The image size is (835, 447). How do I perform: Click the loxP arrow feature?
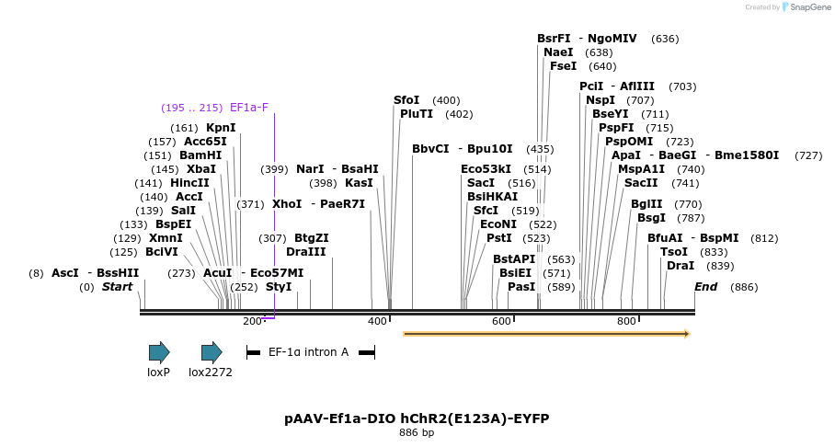tap(159, 351)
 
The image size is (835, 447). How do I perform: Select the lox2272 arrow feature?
tap(212, 351)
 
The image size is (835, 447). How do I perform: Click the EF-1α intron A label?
tap(308, 351)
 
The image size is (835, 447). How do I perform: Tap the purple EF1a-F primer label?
tap(248, 108)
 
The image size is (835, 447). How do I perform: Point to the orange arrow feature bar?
tap(546, 334)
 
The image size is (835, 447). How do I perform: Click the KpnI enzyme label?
tap(221, 128)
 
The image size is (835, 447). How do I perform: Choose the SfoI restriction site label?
tap(406, 100)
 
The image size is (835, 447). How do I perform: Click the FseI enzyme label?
tap(563, 66)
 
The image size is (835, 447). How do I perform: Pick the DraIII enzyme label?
tap(305, 252)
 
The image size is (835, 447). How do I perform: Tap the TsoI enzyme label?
tap(674, 252)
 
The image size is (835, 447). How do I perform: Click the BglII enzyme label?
tap(646, 204)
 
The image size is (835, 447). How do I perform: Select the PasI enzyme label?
tap(521, 287)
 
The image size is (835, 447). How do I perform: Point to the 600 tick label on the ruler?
tap(501, 321)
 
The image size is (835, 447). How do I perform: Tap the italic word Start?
tap(117, 287)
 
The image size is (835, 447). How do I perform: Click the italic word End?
tap(705, 287)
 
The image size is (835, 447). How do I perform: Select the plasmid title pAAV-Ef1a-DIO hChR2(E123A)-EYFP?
tap(417, 418)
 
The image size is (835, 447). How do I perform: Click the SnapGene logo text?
tap(806, 7)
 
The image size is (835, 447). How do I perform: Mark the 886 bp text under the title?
tap(417, 432)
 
